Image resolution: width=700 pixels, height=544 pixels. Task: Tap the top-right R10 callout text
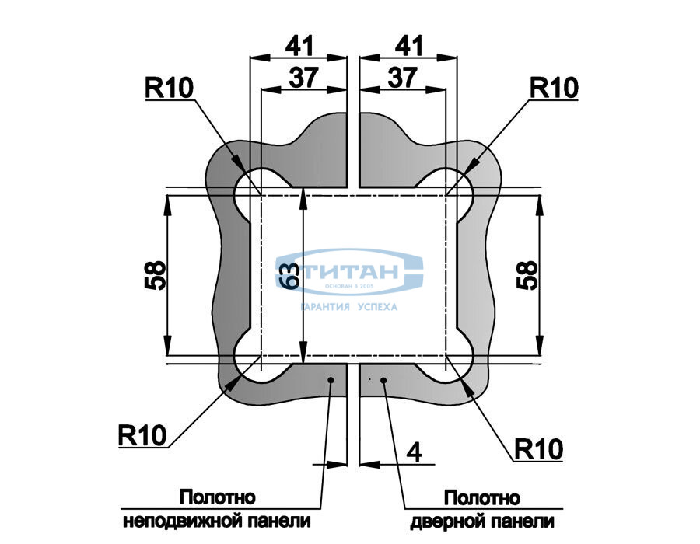(554, 88)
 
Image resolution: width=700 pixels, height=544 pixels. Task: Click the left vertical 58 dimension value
(156, 274)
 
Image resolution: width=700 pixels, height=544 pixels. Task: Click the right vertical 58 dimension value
(527, 274)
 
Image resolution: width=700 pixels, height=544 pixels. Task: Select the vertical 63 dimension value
(289, 274)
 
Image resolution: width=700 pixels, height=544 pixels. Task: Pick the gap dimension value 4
(415, 453)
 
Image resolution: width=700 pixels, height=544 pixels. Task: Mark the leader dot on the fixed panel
(331, 379)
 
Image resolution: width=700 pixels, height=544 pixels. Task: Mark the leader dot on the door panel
(383, 380)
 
